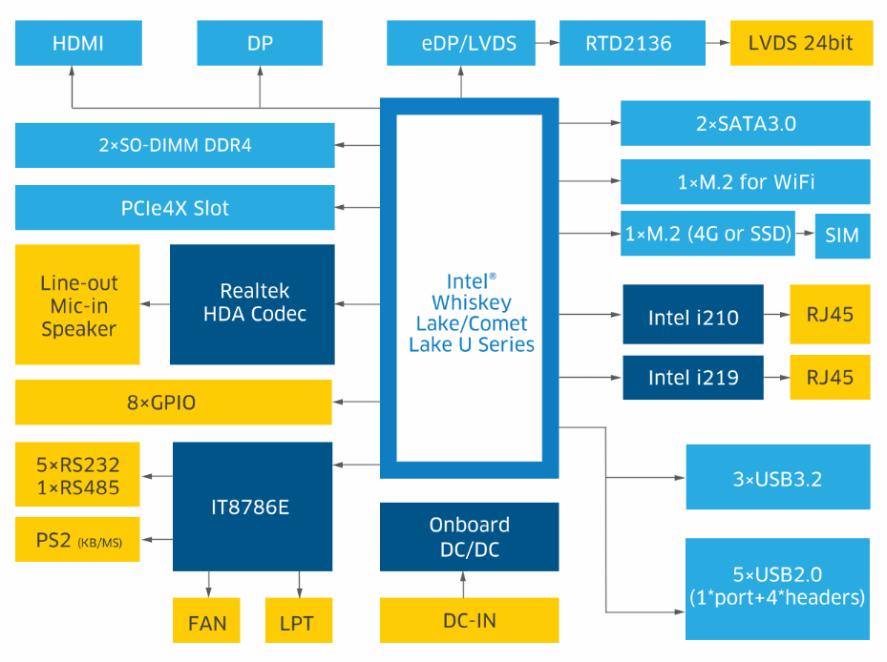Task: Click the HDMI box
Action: (78, 43)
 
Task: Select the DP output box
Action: (259, 43)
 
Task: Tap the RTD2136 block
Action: (628, 43)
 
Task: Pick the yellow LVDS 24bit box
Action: (801, 43)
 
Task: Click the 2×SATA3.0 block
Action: (745, 123)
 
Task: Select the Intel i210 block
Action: (693, 315)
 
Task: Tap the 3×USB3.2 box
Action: (777, 477)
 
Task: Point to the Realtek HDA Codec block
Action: (252, 303)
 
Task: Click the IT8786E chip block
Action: (252, 507)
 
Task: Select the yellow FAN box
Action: (207, 623)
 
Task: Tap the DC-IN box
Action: (469, 620)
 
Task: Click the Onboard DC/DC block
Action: (469, 537)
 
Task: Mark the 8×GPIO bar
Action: (173, 403)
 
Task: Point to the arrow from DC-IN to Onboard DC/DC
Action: (463, 585)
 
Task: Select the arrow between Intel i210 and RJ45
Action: (776, 315)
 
